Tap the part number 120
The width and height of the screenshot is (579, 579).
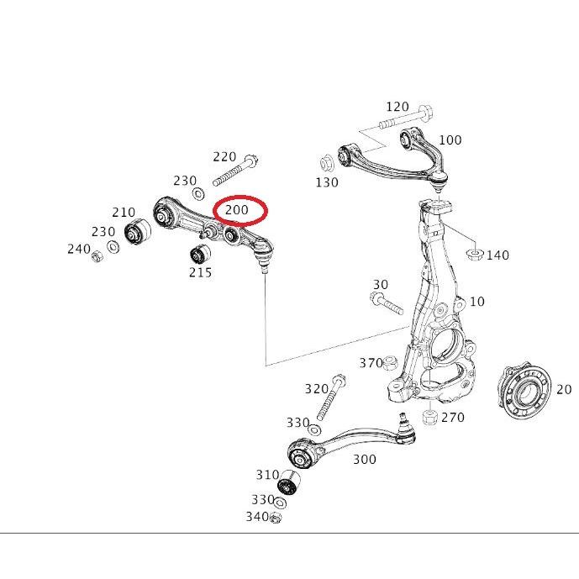tap(397, 107)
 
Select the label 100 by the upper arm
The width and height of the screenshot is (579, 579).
tap(450, 140)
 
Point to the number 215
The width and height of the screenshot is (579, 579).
tap(200, 272)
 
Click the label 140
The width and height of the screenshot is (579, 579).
tap(497, 255)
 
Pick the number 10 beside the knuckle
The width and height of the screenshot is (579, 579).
tap(476, 302)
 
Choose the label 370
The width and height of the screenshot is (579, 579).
tap(371, 363)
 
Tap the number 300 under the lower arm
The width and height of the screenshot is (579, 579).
tap(364, 459)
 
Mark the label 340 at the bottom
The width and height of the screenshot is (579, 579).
tap(256, 516)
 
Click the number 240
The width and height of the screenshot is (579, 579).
tap(79, 249)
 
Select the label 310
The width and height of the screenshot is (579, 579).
tap(267, 475)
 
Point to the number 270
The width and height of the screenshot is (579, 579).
tap(452, 417)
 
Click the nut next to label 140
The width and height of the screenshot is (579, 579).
tap(474, 253)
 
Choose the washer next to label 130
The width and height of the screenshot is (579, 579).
tap(327, 163)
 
